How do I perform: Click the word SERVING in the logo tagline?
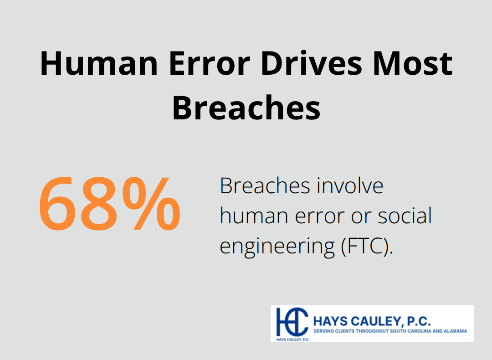pyautogui.click(x=324, y=331)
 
